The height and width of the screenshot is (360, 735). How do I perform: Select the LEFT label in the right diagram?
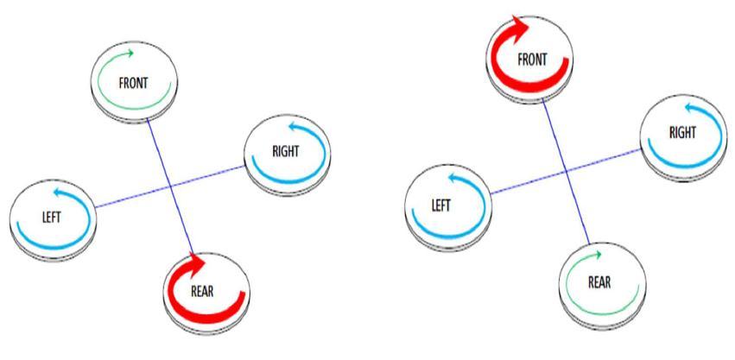click(447, 206)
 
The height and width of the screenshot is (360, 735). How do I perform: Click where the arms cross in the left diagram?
click(171, 184)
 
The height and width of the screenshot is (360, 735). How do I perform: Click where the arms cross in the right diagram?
click(567, 170)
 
